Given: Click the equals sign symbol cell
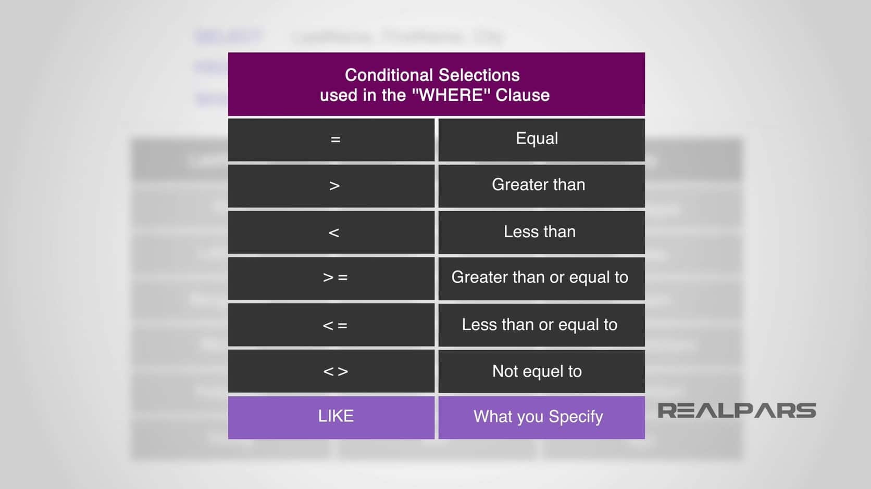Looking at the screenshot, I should (335, 139).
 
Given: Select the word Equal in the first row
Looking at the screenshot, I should (537, 138).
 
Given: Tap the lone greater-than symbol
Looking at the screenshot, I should (334, 186).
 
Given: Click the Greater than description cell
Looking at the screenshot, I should (538, 185).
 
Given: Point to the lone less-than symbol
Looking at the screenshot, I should (334, 233).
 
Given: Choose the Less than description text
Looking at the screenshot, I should (539, 231).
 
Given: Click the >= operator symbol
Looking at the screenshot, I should (335, 278).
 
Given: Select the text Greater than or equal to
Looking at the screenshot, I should (539, 277).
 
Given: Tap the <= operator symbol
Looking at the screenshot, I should (335, 326).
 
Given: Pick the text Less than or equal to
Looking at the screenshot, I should (539, 325).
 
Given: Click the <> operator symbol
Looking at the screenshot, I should (335, 371).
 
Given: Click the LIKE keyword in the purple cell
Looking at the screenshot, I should (335, 416).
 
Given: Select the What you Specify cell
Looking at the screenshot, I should (538, 417).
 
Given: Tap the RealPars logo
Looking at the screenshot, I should (736, 410).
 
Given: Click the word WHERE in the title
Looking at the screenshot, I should (452, 95).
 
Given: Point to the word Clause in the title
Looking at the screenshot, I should (522, 95).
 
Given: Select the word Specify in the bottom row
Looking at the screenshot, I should (576, 417).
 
